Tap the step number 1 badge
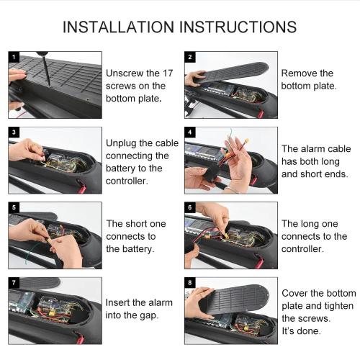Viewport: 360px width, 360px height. (14, 56)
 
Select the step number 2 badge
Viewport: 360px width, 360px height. (189, 56)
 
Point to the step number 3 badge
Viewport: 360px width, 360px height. (14, 132)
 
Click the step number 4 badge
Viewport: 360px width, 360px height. (189, 132)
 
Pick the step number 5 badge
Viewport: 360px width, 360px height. (14, 207)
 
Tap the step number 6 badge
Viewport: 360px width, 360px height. (189, 207)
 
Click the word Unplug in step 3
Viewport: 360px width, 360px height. (122, 143)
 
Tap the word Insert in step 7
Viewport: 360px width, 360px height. (120, 302)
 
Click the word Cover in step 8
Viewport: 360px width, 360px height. (297, 293)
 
